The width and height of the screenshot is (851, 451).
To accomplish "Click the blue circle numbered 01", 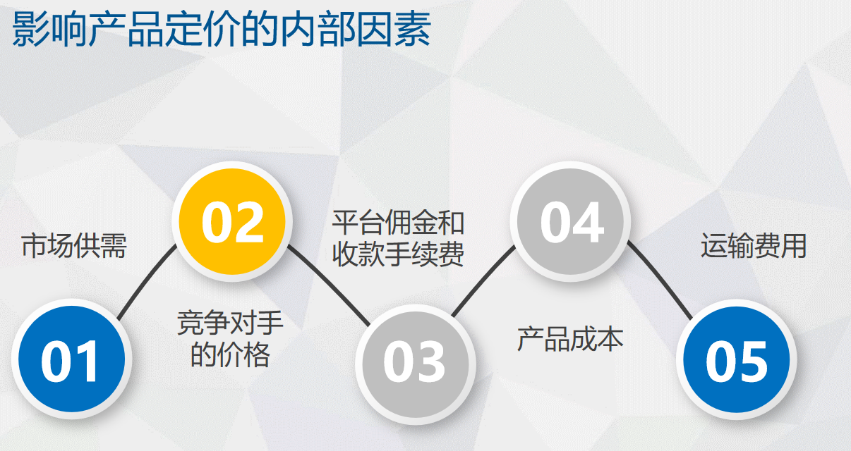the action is coord(71,359).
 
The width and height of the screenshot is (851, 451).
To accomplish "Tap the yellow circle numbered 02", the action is coord(232,221).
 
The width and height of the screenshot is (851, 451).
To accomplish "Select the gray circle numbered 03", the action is coord(415,364).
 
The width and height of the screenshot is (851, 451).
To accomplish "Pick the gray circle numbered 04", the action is coord(570,221).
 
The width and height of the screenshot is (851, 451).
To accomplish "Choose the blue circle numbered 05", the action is coord(736,359).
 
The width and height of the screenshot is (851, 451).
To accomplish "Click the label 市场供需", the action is coord(74,246).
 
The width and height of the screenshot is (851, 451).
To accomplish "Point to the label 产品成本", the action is coord(570,339).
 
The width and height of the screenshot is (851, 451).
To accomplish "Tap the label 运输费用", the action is coord(754,246).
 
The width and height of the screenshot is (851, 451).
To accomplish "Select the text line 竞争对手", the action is coord(230,323).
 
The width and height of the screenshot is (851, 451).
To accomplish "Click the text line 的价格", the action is coord(230,354).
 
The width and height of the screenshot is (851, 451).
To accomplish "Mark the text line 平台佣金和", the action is coord(398,223).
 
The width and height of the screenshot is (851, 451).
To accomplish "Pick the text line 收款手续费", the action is coord(398,254).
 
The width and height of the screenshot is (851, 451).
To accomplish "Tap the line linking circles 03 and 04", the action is coord(483,280).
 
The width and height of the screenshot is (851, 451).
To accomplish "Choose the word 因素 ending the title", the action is coord(393,29).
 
